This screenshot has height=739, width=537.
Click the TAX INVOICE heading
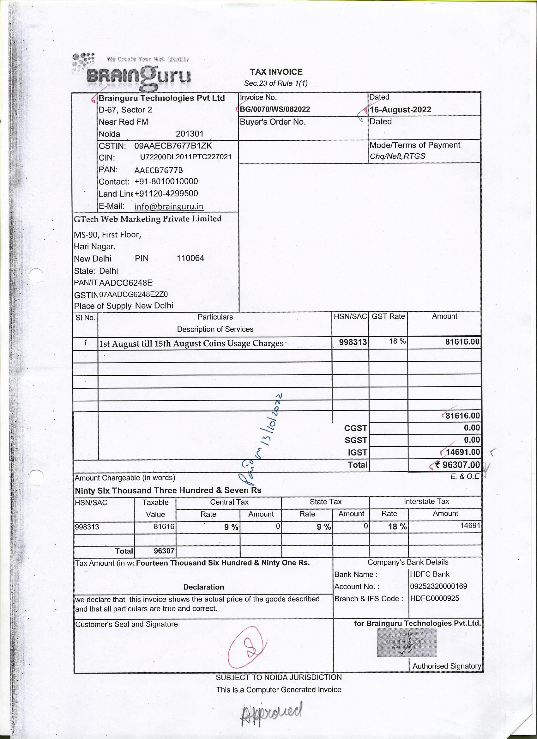[276, 72]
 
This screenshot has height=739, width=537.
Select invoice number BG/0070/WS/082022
[275, 109]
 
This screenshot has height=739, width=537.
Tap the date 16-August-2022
[400, 109]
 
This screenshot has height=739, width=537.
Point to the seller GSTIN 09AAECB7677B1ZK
[173, 146]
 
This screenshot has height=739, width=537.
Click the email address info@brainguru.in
[169, 207]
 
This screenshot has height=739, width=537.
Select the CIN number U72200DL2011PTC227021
[186, 157]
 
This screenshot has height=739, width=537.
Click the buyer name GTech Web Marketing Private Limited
[148, 219]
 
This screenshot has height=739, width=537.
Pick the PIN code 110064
[190, 258]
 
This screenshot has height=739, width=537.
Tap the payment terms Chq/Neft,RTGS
[397, 156]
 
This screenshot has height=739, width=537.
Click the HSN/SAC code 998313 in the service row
[353, 342]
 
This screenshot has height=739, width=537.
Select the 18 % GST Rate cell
[397, 341]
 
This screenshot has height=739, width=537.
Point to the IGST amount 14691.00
[462, 452]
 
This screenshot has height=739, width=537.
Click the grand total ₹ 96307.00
[457, 465]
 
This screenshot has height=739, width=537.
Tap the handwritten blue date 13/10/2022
[272, 424]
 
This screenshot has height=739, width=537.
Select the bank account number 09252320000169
[438, 586]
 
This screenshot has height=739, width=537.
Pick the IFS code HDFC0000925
[434, 598]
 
